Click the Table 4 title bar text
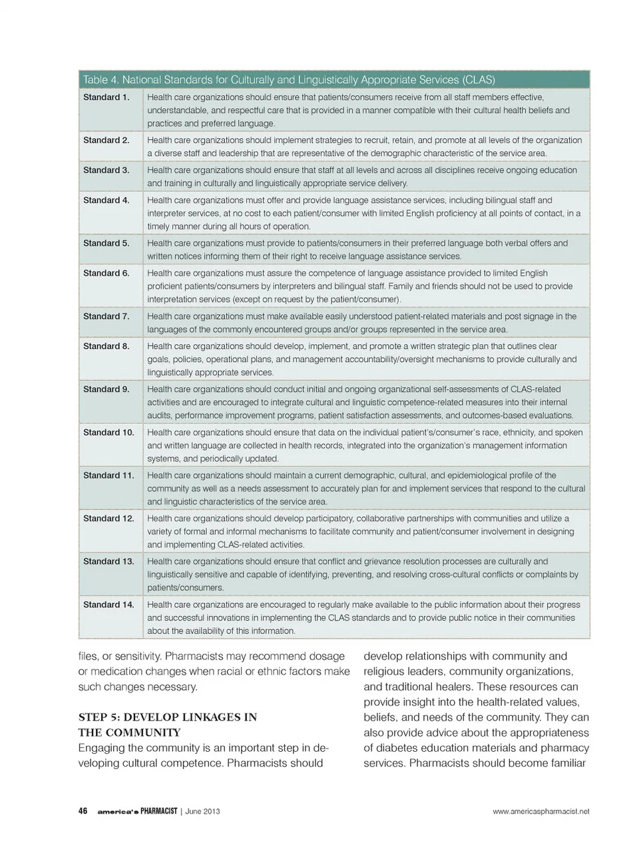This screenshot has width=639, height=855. click(x=288, y=80)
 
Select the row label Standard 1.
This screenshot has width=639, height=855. click(x=106, y=97)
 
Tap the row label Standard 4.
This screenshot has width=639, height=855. click(x=106, y=200)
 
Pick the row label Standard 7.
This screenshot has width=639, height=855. click(x=106, y=316)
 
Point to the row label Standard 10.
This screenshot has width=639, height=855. click(x=108, y=432)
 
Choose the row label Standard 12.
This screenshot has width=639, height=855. click(x=108, y=518)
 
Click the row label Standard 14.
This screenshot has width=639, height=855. click(x=108, y=605)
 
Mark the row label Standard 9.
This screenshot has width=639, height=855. click(x=106, y=389)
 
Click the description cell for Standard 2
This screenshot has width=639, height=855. click(x=365, y=146)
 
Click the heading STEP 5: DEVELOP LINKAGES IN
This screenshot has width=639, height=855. click(x=168, y=717)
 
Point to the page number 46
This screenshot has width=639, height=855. click(x=83, y=811)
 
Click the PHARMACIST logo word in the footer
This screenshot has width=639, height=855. click(x=154, y=811)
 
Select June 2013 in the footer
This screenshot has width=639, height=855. click(x=202, y=811)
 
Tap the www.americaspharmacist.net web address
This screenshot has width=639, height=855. click(x=541, y=811)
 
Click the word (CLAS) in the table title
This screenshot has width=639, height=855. click(x=477, y=80)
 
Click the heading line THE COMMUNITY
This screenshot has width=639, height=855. click(x=129, y=732)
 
